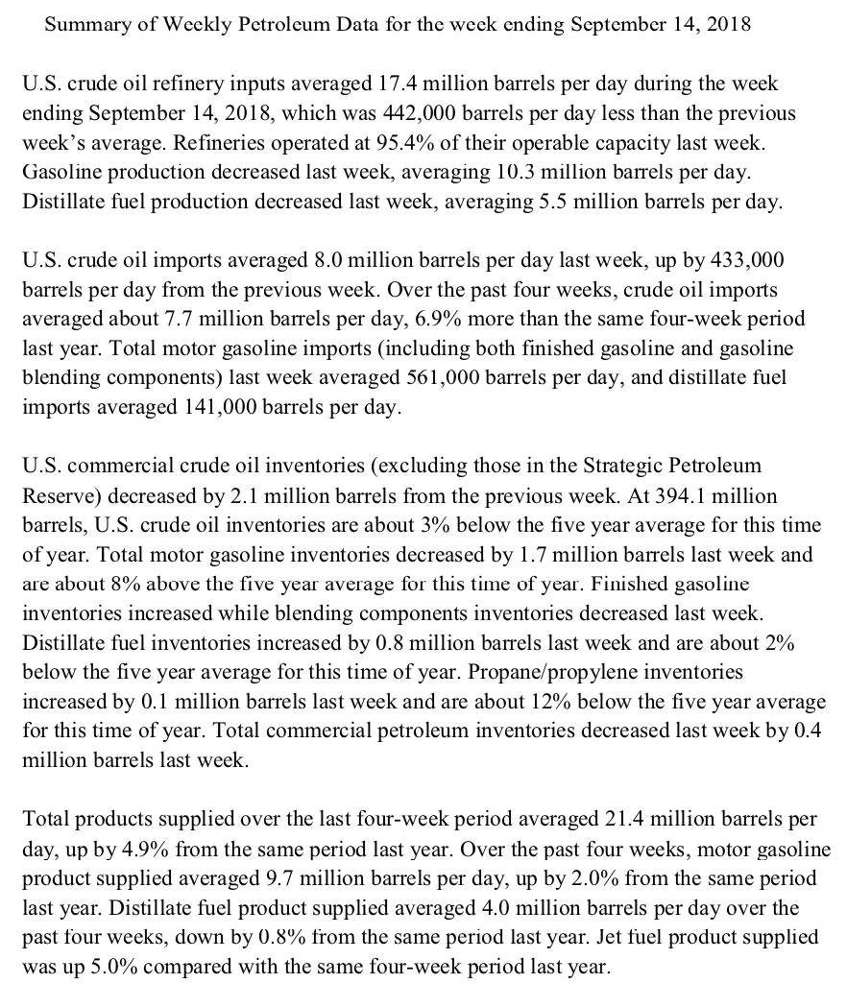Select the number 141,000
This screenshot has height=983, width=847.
point(216,407)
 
